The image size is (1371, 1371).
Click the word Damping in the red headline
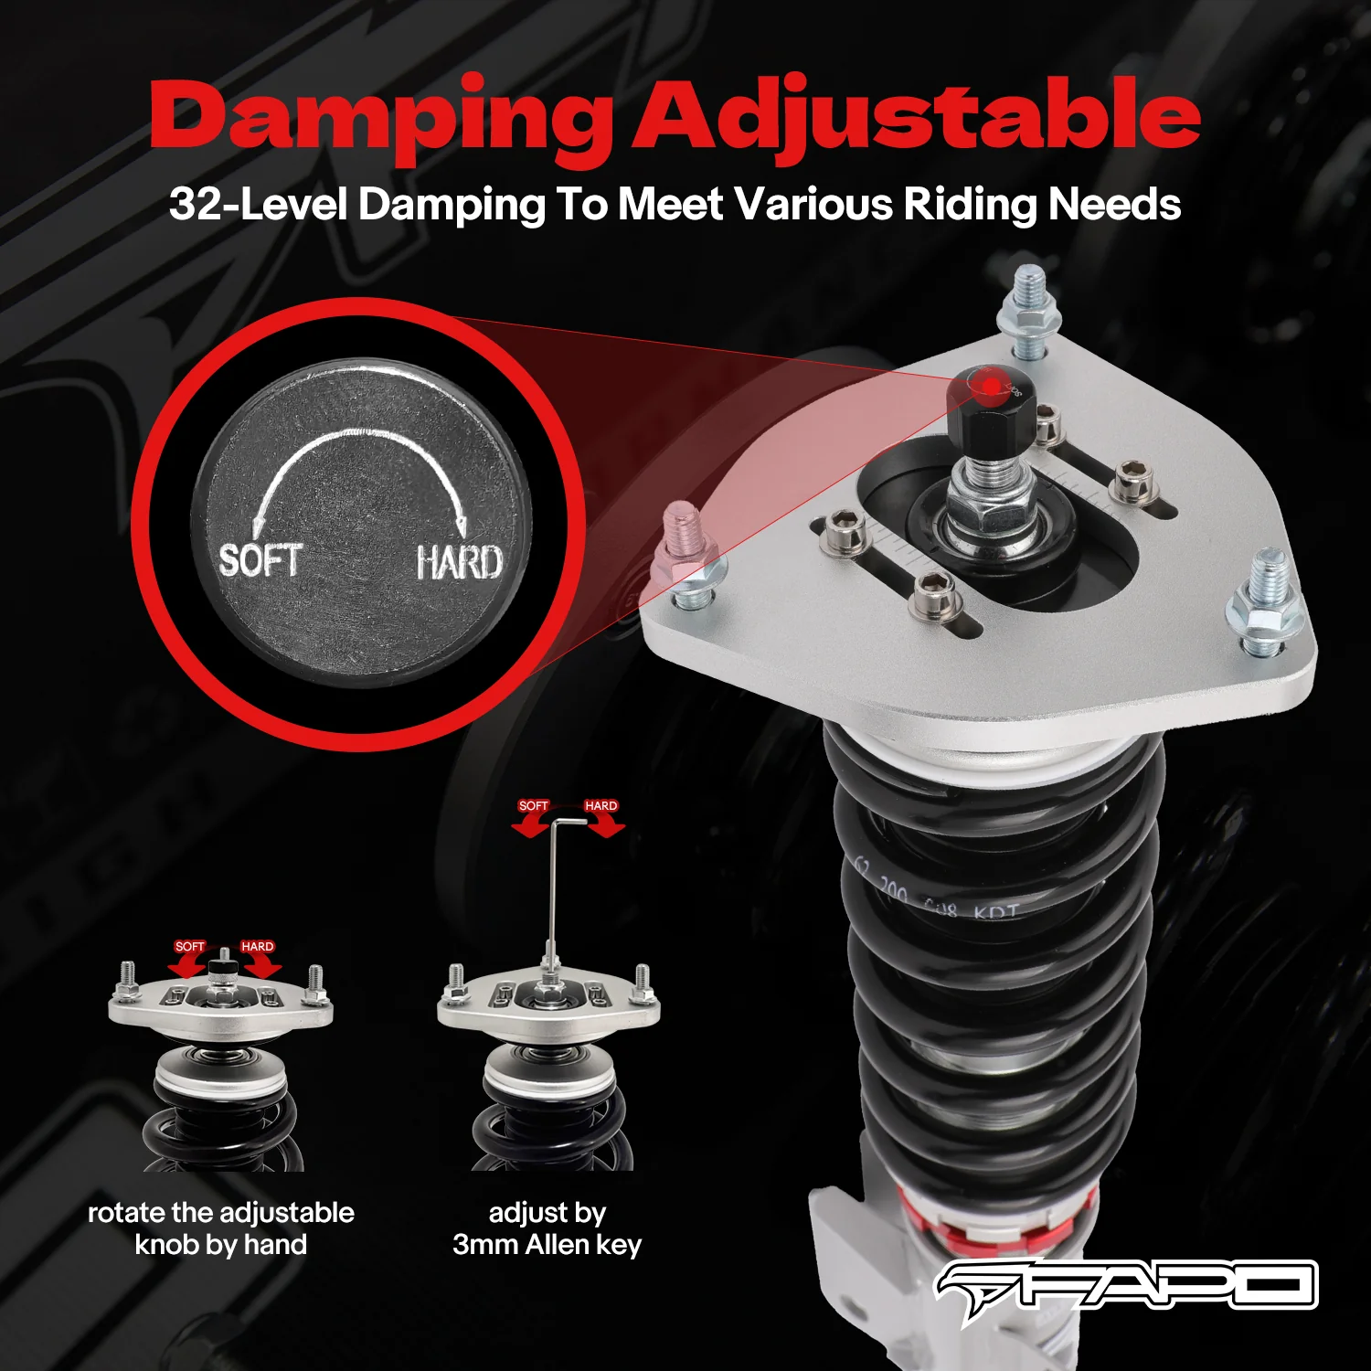pos(381,117)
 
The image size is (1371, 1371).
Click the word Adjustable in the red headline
pos(917,117)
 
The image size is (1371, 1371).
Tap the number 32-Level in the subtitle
pos(257,204)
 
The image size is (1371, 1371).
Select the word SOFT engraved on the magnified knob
pos(260,560)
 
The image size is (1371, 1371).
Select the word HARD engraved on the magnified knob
pos(459,562)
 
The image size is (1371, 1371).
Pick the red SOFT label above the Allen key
pos(533,806)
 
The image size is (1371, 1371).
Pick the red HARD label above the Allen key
pos(600,806)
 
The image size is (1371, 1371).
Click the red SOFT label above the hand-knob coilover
pos(190,947)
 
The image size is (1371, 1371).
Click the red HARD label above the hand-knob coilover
pos(257,947)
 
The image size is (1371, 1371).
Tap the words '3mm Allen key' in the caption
pos(547,1245)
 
